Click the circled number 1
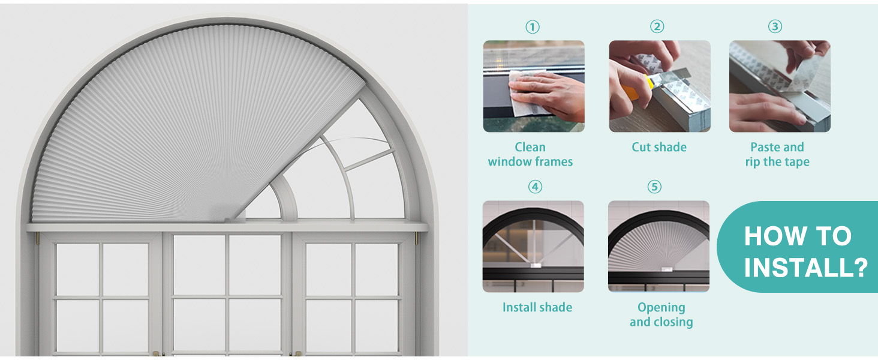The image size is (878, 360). (x=533, y=27)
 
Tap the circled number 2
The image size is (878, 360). (x=657, y=27)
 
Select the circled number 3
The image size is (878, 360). (x=775, y=27)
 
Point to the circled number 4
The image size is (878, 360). (x=534, y=187)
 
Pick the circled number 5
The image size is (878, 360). (x=654, y=187)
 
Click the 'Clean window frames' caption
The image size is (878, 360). (x=530, y=154)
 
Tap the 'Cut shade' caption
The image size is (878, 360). (x=659, y=147)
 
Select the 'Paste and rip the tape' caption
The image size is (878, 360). (x=777, y=154)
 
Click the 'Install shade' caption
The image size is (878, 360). (x=537, y=307)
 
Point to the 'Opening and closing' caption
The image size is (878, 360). (x=661, y=314)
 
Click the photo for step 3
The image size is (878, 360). (x=780, y=86)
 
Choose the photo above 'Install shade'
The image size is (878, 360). (x=533, y=246)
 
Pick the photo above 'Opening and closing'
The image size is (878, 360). (x=659, y=246)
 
